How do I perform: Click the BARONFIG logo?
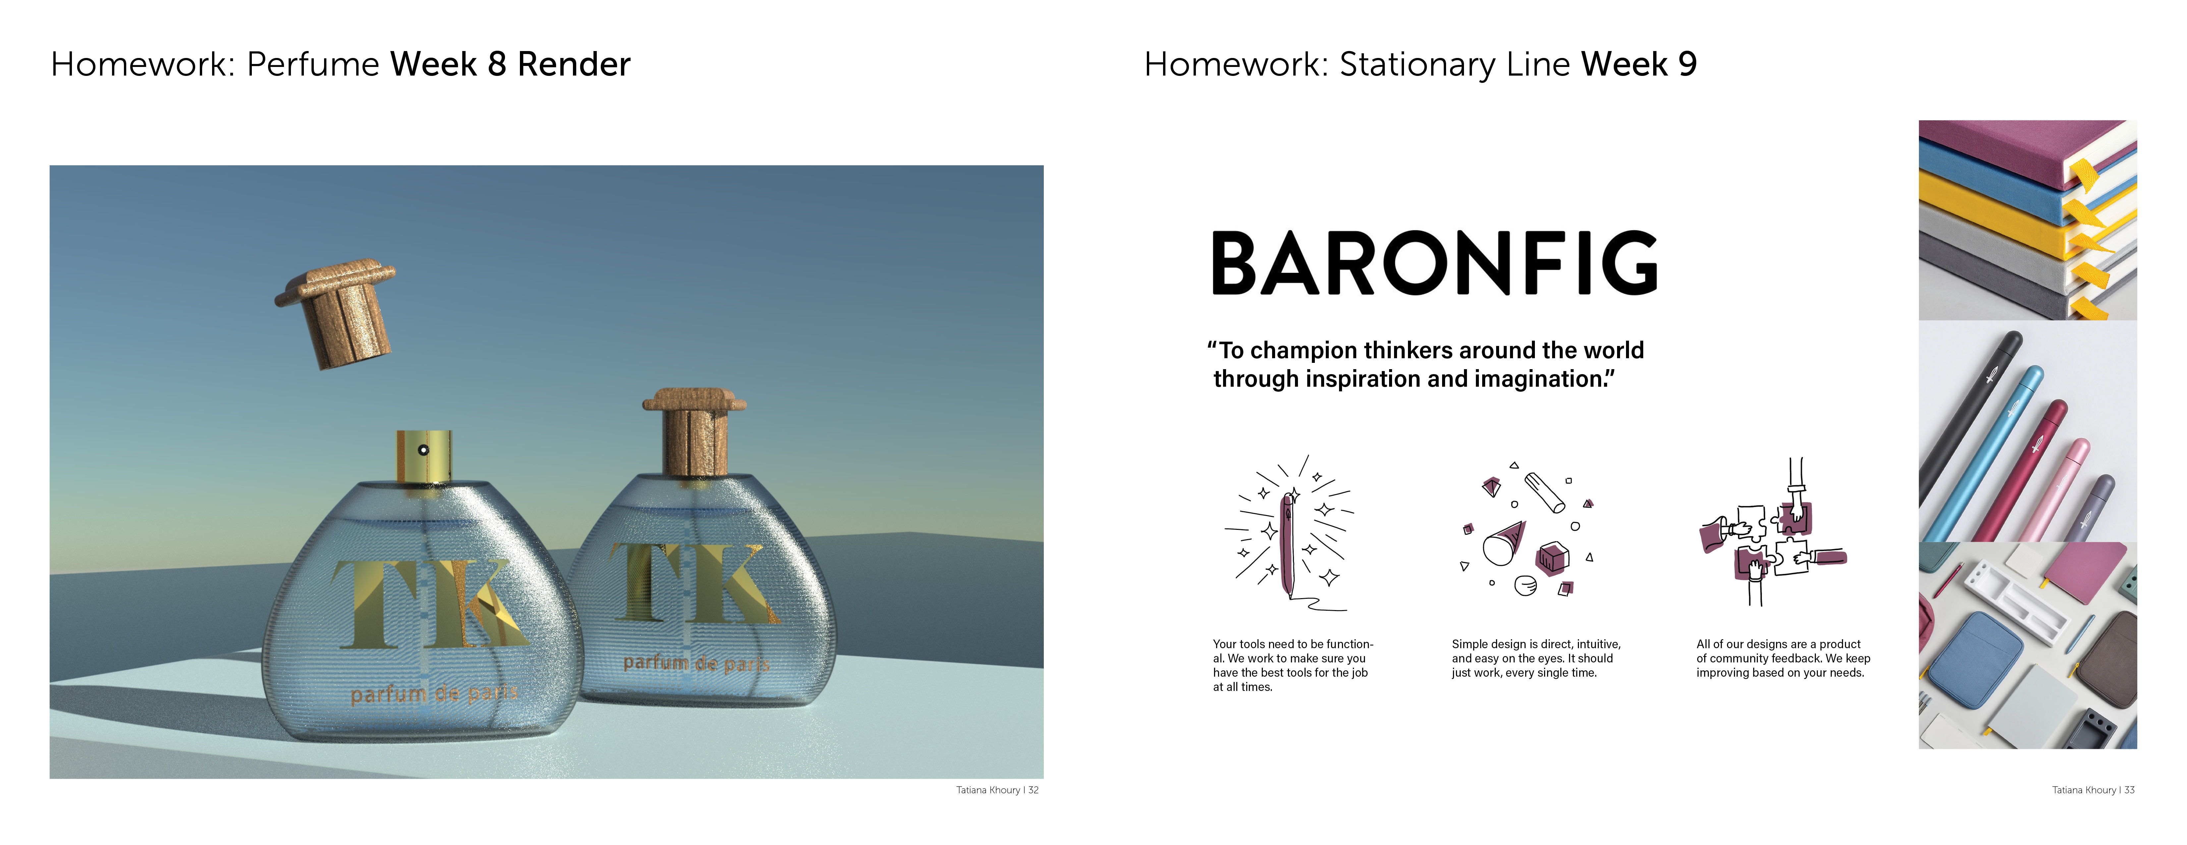coord(1434,263)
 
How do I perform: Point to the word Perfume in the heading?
coord(312,65)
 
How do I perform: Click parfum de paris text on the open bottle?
coord(434,694)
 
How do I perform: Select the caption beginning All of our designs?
coord(1783,658)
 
